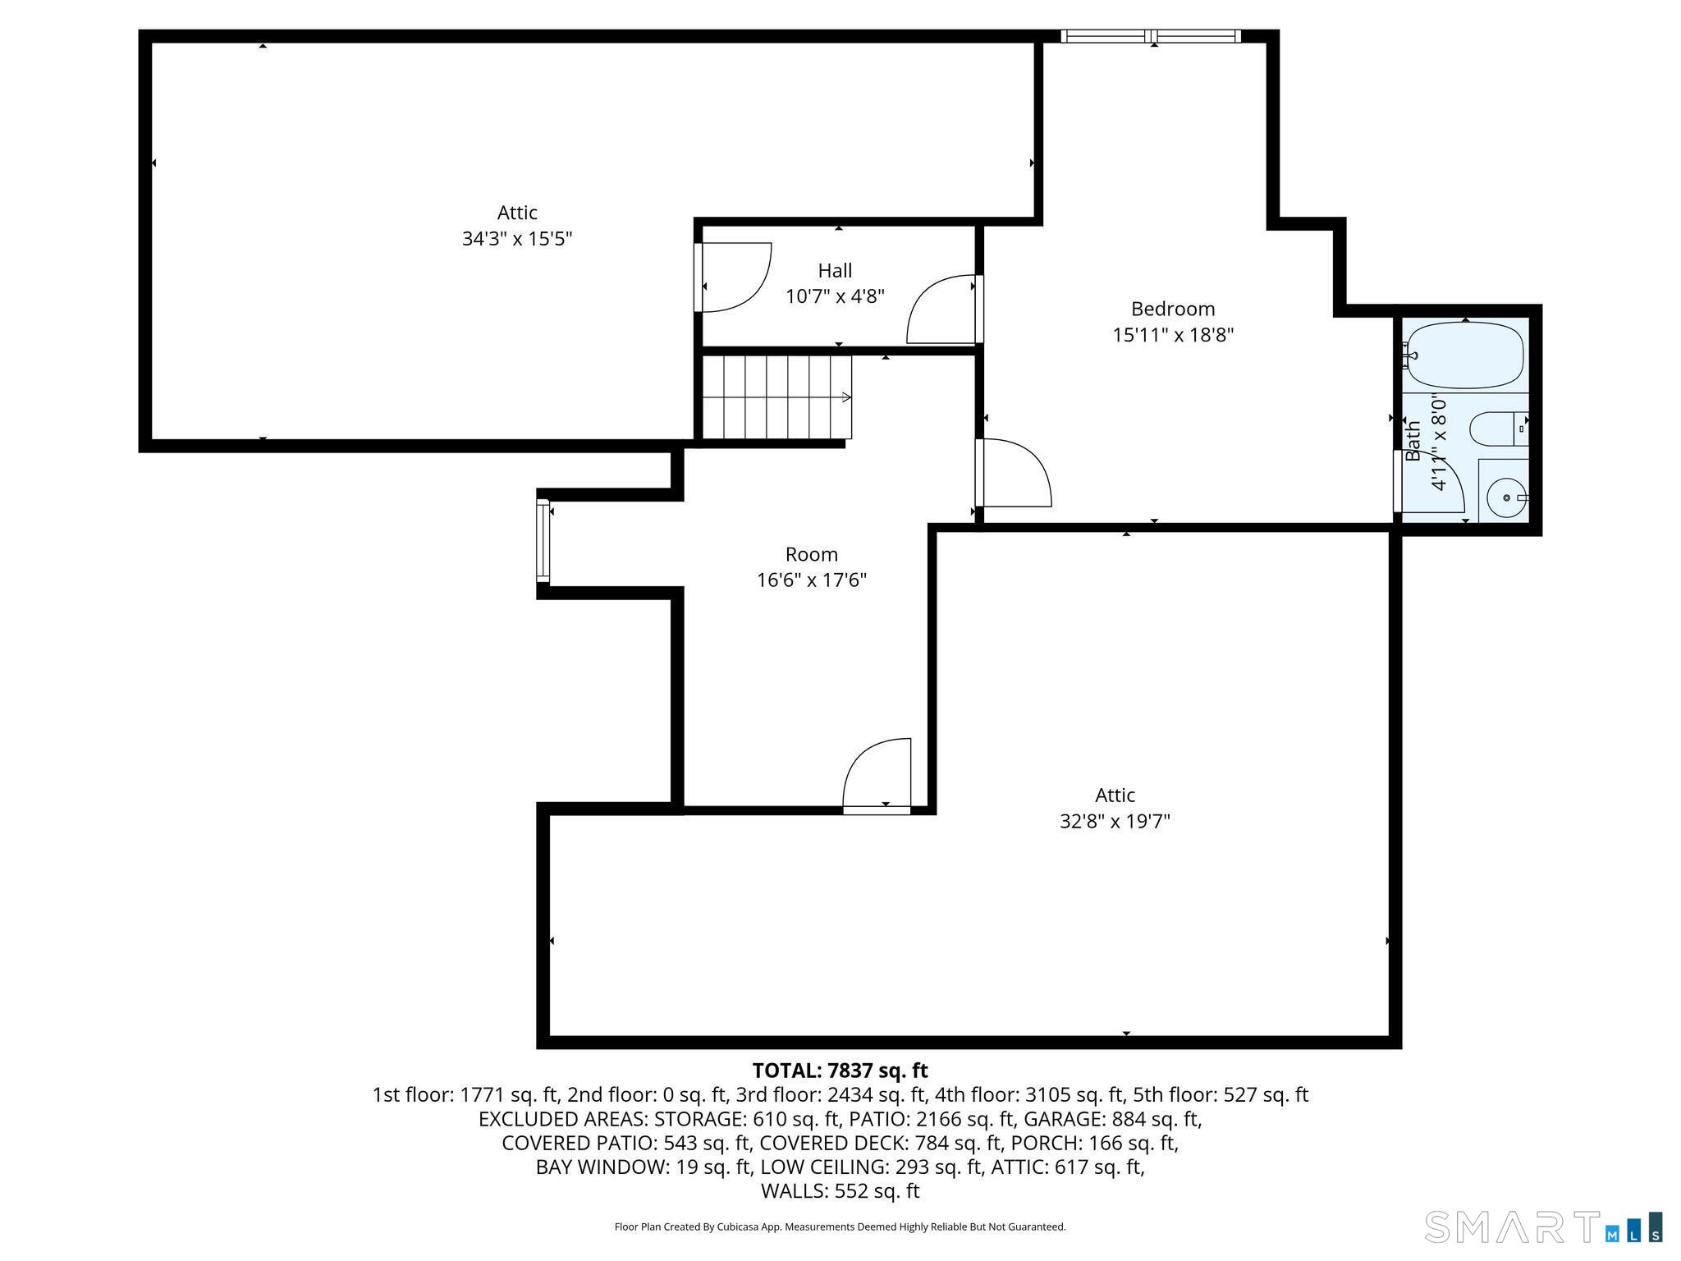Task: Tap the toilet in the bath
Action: tap(1495, 429)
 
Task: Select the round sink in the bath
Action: tap(1506, 498)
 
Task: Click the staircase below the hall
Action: tap(776, 397)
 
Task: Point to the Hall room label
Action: tap(835, 270)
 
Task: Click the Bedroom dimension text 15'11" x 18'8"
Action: tap(1173, 335)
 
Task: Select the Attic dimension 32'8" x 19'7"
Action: tap(1115, 821)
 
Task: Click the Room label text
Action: tap(811, 554)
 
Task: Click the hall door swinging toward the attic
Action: tap(732, 277)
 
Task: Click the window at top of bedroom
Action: tap(1150, 36)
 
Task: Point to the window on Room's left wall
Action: tap(542, 539)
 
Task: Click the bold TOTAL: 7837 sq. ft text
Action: tap(840, 1071)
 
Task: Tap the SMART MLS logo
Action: tap(1543, 1227)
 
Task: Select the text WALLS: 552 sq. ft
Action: tap(840, 1191)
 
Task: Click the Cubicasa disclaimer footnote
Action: tap(840, 1227)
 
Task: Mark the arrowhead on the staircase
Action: tap(846, 398)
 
